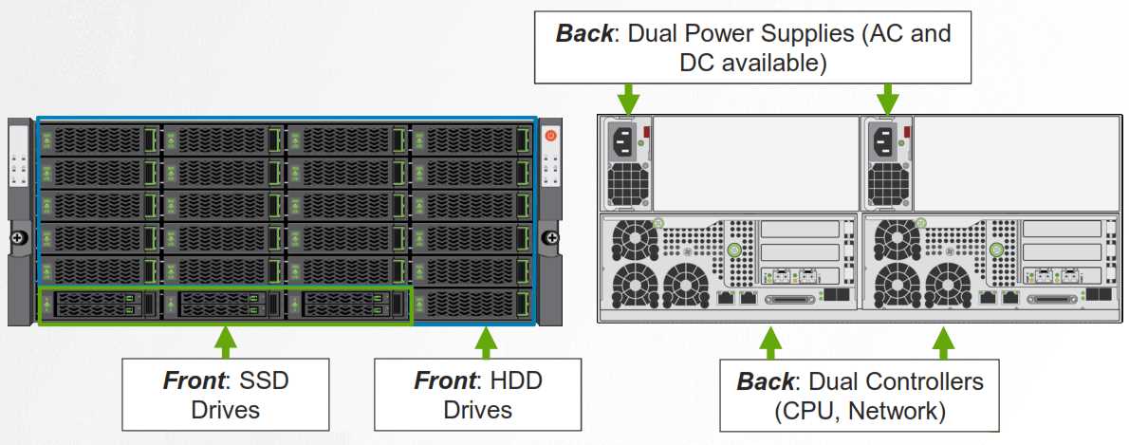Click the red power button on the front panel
[550, 137]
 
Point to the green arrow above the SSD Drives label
[225, 342]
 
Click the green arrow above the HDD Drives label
[487, 342]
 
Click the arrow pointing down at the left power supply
[628, 99]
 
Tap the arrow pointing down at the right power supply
[887, 99]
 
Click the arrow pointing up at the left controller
[770, 343]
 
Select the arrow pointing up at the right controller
[943, 343]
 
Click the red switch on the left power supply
[649, 131]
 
